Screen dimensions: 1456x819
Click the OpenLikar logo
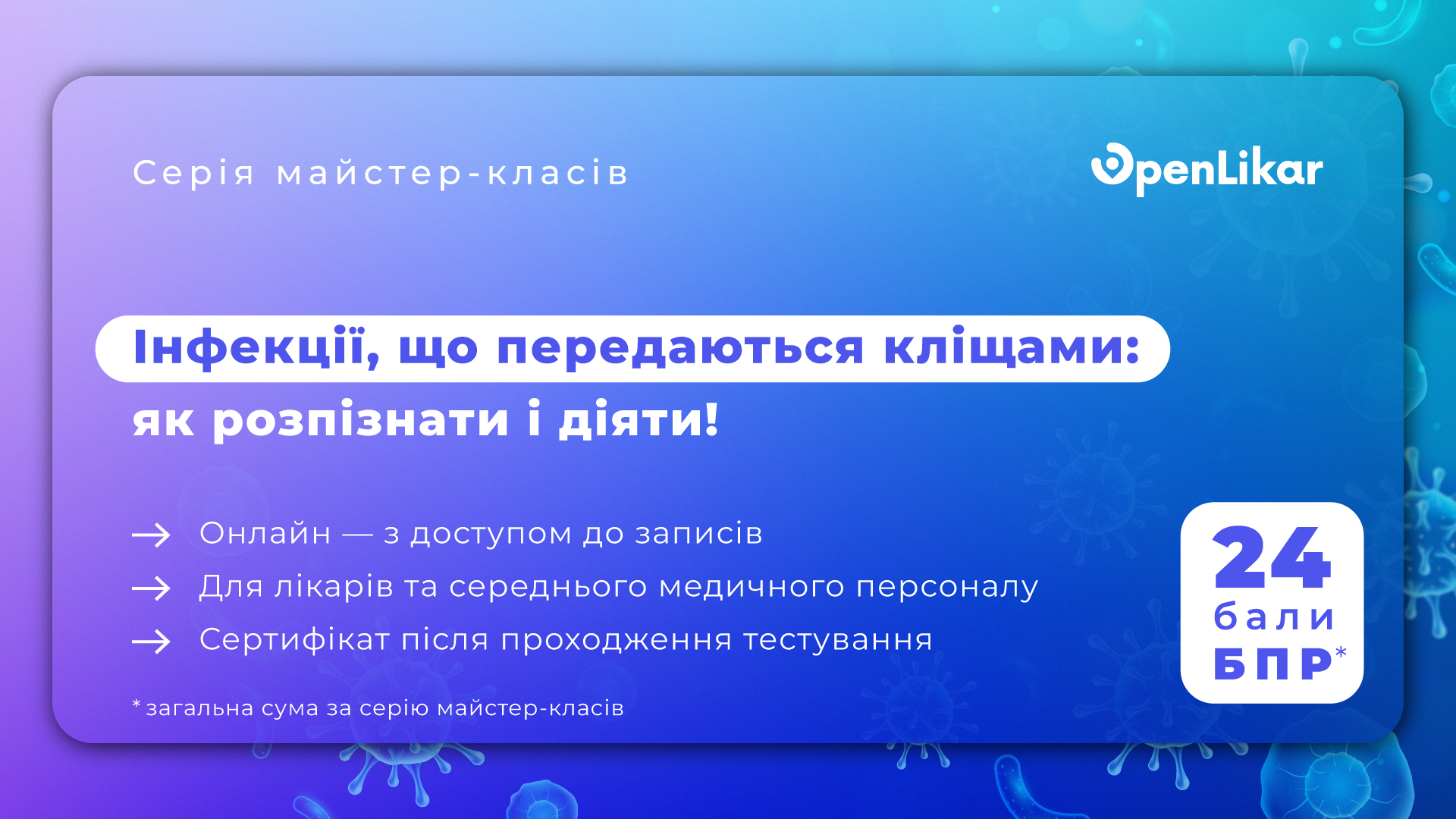[1207, 168]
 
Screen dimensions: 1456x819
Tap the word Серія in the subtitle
[194, 174]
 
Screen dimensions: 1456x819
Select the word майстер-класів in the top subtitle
[453, 174]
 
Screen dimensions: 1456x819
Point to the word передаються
[680, 349]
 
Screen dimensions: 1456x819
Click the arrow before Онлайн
[152, 535]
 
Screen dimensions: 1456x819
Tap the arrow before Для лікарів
[152, 588]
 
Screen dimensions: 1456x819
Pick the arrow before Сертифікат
[152, 642]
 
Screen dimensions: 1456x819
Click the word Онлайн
[265, 533]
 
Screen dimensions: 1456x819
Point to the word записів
[698, 533]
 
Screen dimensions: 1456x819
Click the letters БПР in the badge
[1272, 664]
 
